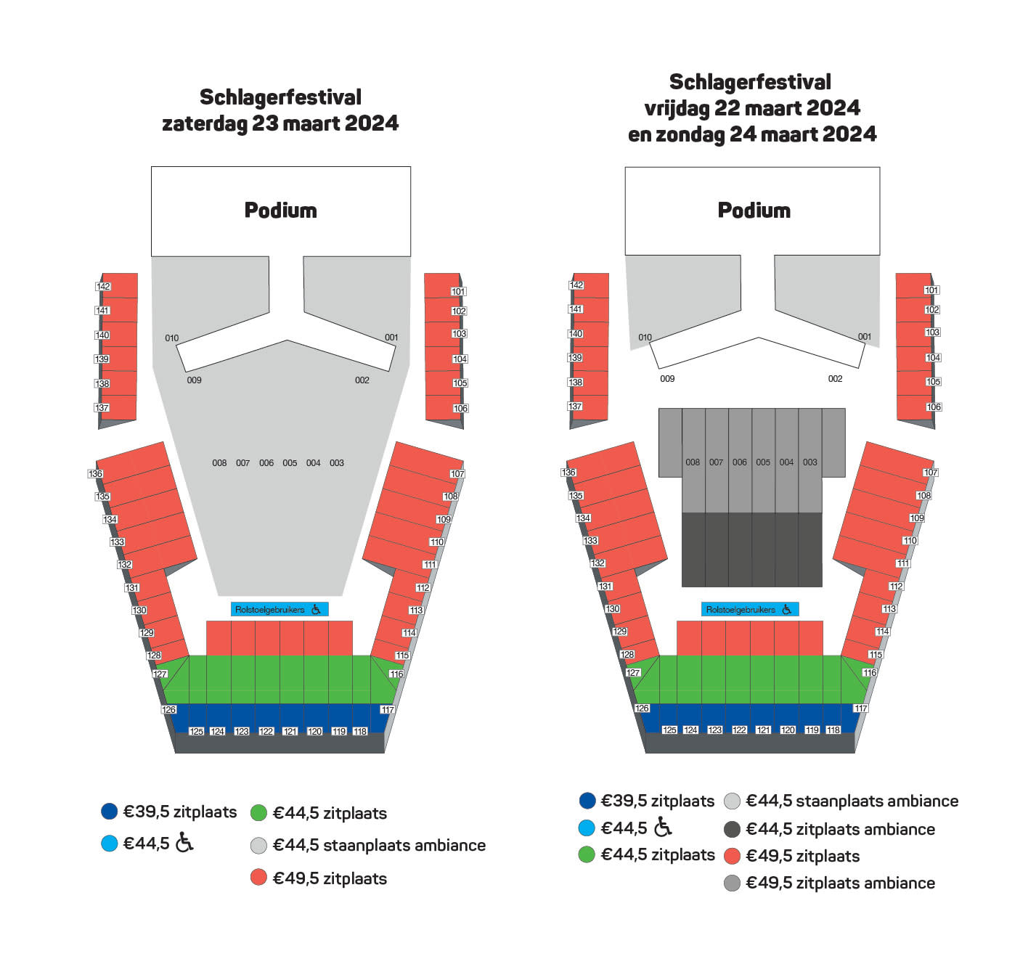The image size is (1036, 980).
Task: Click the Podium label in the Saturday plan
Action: click(280, 211)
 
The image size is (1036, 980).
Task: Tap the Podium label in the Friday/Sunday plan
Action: click(754, 211)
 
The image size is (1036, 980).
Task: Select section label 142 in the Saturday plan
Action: click(103, 286)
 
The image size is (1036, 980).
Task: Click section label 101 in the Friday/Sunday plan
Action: click(931, 290)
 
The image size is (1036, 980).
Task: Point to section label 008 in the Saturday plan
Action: click(219, 463)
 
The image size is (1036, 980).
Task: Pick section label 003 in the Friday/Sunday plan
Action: click(810, 462)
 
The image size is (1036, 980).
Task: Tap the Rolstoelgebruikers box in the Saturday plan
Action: click(280, 610)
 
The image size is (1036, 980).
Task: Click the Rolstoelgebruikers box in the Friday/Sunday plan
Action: click(750, 610)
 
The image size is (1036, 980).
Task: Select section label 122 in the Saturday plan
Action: click(266, 732)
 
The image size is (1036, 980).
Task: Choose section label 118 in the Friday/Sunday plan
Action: click(833, 730)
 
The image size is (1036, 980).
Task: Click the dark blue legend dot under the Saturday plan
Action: click(109, 812)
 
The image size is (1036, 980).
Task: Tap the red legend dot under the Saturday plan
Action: click(258, 878)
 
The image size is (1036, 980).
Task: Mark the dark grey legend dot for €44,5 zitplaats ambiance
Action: click(732, 829)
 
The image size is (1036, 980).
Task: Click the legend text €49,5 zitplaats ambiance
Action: click(840, 883)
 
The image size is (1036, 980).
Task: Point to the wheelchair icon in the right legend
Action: click(663, 827)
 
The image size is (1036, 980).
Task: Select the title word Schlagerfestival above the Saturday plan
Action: click(280, 97)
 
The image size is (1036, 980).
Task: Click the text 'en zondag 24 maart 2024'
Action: click(752, 134)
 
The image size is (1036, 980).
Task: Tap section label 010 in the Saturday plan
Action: click(172, 338)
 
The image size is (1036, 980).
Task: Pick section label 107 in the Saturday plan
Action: click(457, 474)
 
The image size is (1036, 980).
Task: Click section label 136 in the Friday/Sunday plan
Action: click(568, 473)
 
